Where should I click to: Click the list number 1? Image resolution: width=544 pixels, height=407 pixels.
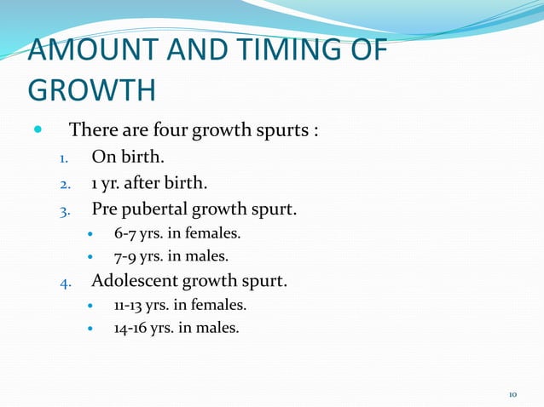point(62,158)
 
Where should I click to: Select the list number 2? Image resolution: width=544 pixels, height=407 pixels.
point(62,183)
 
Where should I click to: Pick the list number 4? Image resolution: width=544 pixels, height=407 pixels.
point(62,280)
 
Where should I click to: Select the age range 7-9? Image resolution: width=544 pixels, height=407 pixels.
point(125,255)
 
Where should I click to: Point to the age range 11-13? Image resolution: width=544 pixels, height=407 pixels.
point(129,304)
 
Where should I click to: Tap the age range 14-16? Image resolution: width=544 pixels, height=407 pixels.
point(130,326)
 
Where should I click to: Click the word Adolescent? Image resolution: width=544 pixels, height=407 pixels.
point(136,279)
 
